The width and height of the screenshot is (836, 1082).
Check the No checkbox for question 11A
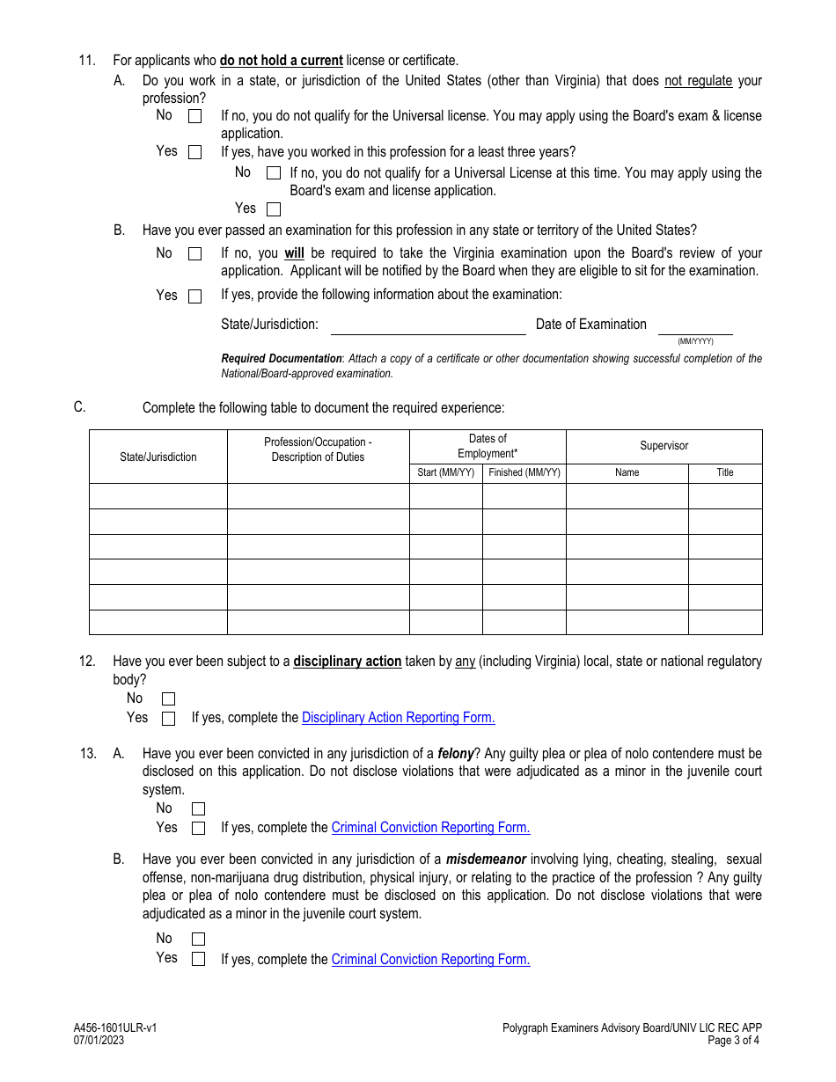pos(194,116)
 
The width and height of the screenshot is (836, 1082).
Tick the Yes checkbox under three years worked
pos(274,209)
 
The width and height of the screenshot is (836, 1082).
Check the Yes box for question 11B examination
pos(194,296)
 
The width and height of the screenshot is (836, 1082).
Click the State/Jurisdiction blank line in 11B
pos(428,326)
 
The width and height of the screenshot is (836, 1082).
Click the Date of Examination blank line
pos(695,326)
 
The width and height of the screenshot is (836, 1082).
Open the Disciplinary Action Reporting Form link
pos(398,718)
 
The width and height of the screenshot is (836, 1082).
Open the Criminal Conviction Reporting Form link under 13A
pos(430,828)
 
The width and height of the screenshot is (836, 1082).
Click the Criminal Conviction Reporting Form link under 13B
pos(430,960)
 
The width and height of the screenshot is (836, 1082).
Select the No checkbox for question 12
pos(169,699)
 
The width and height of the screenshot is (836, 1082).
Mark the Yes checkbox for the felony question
pos(198,829)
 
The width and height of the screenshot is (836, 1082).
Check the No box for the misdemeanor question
pos(198,939)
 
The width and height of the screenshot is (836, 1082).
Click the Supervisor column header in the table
pos(664,446)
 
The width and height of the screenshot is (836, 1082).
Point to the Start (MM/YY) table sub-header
pos(445,473)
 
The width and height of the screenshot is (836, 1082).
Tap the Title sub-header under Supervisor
pos(724,473)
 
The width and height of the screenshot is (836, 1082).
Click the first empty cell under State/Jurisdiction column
pos(158,496)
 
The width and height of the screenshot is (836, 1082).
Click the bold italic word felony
pos(455,754)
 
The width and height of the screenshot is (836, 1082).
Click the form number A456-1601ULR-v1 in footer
pos(115,1027)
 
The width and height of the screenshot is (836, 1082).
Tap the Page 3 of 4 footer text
pos(734,1040)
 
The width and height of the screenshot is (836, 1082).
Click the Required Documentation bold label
pos(281,359)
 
